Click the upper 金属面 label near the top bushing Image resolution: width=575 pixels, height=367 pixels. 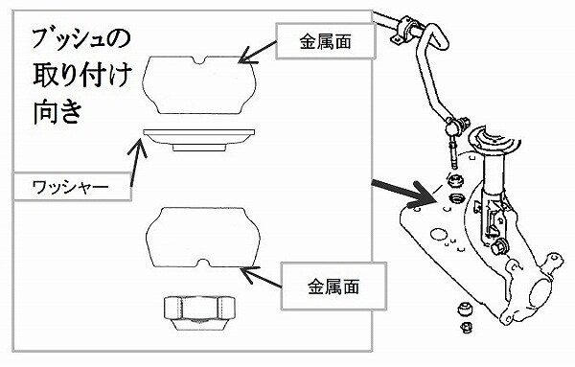325,41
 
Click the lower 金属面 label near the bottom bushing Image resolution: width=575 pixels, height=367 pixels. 333,286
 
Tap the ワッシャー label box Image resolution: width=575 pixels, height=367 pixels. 72,187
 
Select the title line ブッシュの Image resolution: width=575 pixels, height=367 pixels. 80,39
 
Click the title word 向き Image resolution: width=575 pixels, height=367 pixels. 57,111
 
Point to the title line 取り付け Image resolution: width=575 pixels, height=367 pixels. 82,75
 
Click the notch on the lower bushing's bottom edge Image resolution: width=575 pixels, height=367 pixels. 203,263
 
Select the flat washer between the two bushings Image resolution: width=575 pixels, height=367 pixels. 198,140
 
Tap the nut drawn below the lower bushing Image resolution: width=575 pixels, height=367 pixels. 199,312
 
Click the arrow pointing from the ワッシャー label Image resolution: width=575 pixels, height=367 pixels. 136,162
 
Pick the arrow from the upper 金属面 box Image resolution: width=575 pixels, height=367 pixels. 258,52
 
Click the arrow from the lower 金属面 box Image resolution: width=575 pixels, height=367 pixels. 261,276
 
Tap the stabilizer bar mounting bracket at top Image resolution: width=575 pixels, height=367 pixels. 404,29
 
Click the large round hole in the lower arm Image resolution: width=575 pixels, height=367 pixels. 439,235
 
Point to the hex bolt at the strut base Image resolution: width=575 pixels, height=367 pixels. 499,246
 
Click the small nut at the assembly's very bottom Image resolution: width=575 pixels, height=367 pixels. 466,327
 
